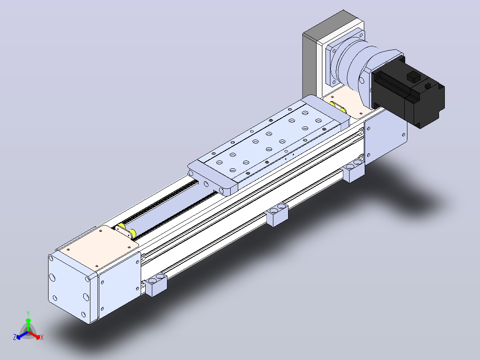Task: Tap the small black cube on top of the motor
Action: coord(413,77)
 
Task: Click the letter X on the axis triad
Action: coord(42,337)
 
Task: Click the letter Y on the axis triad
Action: coord(28,313)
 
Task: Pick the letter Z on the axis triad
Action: coord(15,337)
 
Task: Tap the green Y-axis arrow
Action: coord(28,325)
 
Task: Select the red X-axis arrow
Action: coord(34,335)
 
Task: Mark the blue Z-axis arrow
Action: coord(22,335)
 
